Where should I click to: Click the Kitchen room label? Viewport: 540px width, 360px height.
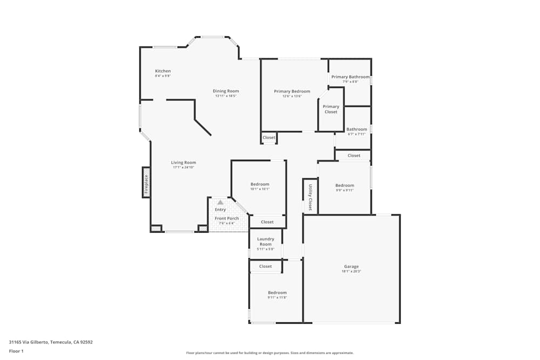(163, 71)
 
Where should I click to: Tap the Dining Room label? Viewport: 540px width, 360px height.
(226, 91)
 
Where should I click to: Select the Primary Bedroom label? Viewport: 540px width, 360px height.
(292, 92)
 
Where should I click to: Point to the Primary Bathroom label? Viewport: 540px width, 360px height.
(350, 77)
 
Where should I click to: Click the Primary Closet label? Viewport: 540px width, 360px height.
(331, 109)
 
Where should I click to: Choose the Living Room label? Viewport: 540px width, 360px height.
(184, 162)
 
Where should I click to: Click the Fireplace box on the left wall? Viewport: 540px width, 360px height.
(146, 182)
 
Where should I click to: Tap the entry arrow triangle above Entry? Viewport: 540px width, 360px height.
(220, 202)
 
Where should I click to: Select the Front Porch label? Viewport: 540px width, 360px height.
(227, 219)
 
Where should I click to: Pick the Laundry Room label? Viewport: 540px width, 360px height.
(265, 241)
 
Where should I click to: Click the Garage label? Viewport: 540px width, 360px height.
(351, 267)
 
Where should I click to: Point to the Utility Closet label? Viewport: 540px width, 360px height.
(310, 197)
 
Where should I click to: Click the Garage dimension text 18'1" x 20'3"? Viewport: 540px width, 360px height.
(351, 271)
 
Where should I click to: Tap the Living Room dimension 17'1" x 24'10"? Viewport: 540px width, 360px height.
(184, 167)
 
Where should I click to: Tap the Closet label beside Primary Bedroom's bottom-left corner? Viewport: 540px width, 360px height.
(269, 138)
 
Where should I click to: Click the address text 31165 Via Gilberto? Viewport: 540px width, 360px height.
(51, 342)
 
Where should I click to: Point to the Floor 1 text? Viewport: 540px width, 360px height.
(16, 351)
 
